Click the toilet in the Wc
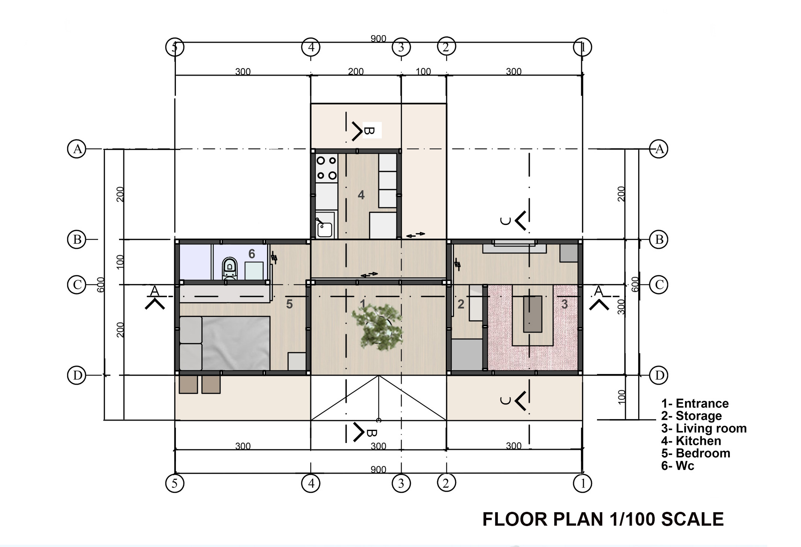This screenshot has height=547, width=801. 229,269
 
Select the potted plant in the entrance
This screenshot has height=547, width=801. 377,326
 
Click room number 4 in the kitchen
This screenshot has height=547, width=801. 361,195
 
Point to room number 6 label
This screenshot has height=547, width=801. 252,254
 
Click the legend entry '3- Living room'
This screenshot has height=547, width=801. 704,428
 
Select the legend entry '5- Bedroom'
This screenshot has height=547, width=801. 695,453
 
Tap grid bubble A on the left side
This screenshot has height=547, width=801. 77,149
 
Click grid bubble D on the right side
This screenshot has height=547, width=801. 659,375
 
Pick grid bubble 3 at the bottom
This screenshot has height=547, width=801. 401,483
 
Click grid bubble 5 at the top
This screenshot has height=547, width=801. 175,47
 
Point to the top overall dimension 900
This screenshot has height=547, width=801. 378,39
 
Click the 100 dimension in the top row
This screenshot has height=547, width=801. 423,71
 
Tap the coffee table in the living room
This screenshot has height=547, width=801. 533,314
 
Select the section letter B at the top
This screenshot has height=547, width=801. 369,131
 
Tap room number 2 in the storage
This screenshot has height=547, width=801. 461,304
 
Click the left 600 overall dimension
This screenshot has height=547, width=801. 101,285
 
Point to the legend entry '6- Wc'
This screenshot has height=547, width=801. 677,466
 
